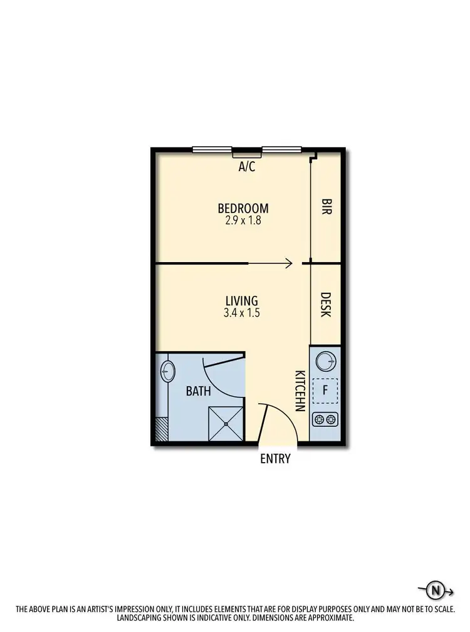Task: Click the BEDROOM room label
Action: (x=243, y=208)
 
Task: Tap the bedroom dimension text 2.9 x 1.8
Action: (x=243, y=221)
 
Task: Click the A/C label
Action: (x=247, y=167)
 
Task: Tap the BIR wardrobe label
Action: (x=326, y=208)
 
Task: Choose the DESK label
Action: (x=326, y=305)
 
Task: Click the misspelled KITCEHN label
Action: (x=299, y=391)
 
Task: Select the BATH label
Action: (x=198, y=391)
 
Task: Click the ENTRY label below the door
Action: (x=276, y=459)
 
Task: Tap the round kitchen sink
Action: (x=326, y=362)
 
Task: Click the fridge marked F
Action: (x=325, y=391)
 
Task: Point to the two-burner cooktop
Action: (x=325, y=419)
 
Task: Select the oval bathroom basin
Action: (x=167, y=371)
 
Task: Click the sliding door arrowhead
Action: (x=290, y=263)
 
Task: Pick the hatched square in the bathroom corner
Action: (x=162, y=429)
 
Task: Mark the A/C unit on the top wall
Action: (x=247, y=154)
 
